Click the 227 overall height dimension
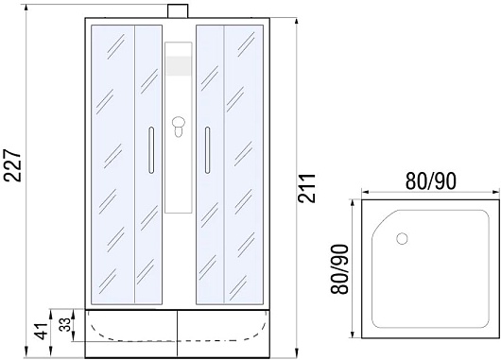[x=14, y=165]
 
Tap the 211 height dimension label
[x=306, y=188]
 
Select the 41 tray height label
[x=43, y=334]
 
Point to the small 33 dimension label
[x=65, y=324]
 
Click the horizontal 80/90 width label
[x=431, y=181]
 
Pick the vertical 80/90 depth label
[x=339, y=268]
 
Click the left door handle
[x=151, y=150]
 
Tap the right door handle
[x=207, y=150]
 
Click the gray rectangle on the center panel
[x=179, y=66]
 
